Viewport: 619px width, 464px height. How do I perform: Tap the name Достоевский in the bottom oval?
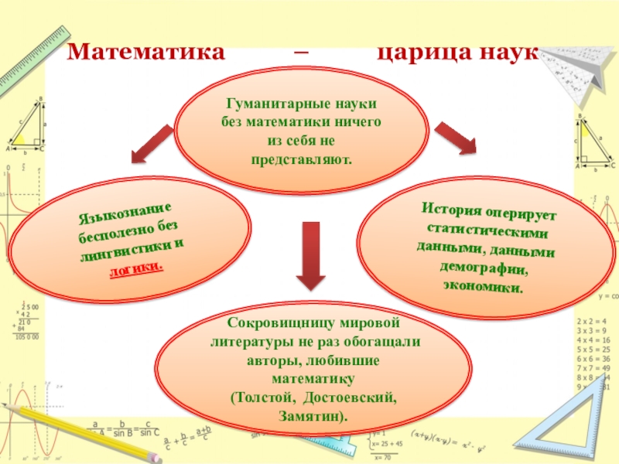[351, 397]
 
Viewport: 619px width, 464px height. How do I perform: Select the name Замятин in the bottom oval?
[312, 416]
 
